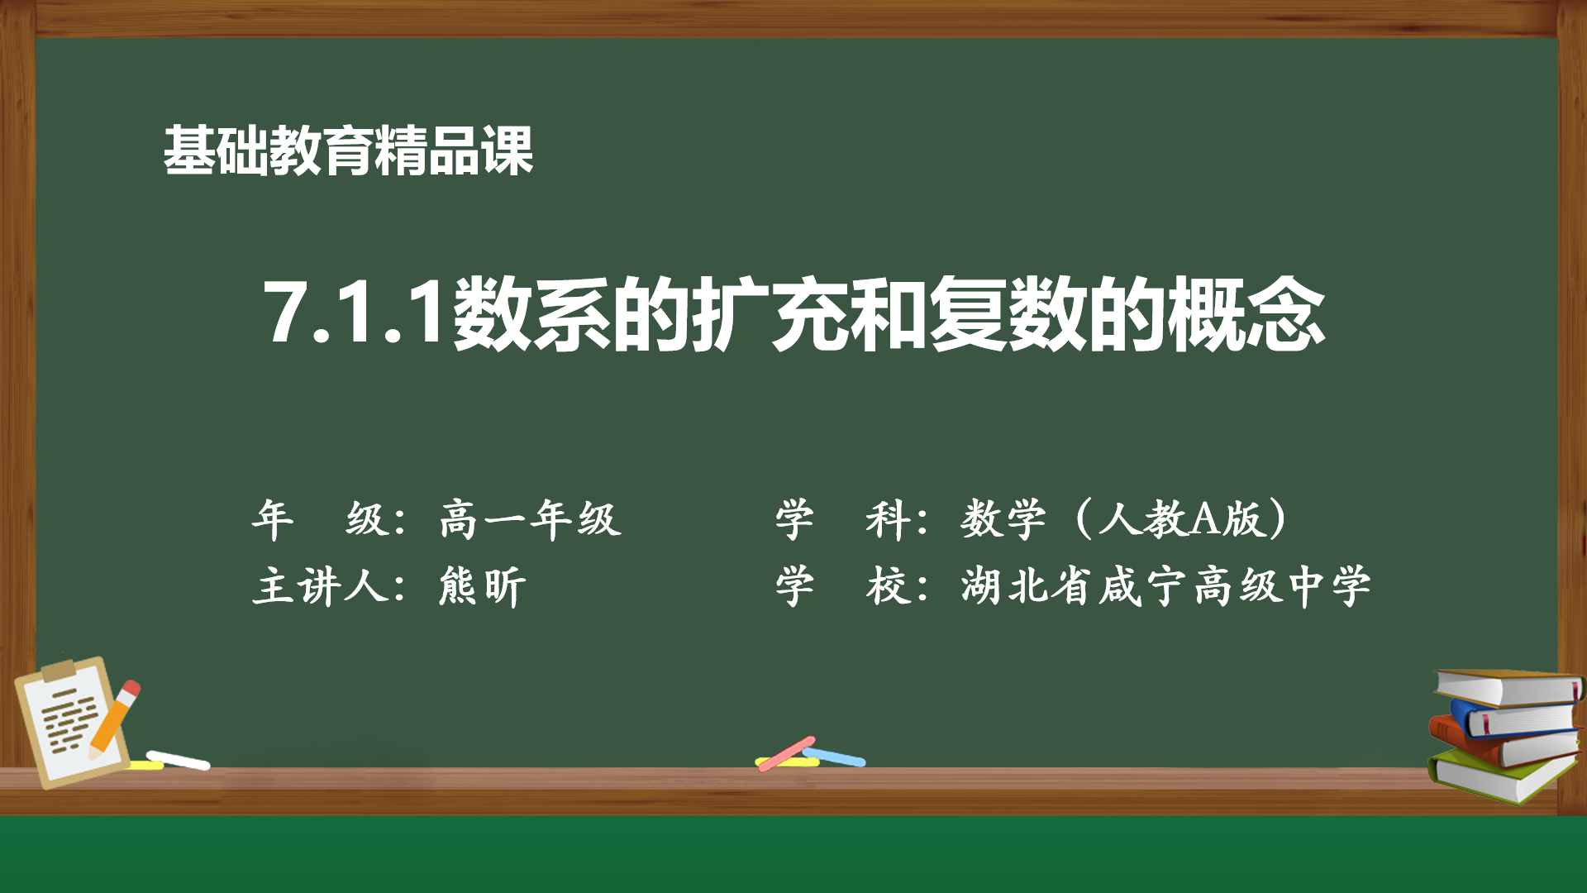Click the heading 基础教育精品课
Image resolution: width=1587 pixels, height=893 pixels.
tap(348, 151)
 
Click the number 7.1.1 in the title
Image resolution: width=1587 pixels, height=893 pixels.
tap(355, 313)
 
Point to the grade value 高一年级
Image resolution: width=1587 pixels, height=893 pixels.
tap(531, 519)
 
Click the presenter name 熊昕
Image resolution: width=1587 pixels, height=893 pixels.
tap(483, 586)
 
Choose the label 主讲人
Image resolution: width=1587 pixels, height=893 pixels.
tap(320, 586)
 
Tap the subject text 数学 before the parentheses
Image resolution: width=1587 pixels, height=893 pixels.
tap(1003, 519)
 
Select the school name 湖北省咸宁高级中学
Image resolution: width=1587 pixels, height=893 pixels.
tap(1165, 586)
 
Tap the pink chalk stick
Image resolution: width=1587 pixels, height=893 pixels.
tap(786, 753)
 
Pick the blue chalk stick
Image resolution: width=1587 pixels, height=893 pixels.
tap(834, 757)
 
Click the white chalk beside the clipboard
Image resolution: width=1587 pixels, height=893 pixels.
tap(178, 759)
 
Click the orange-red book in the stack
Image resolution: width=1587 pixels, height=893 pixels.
tap(1500, 743)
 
